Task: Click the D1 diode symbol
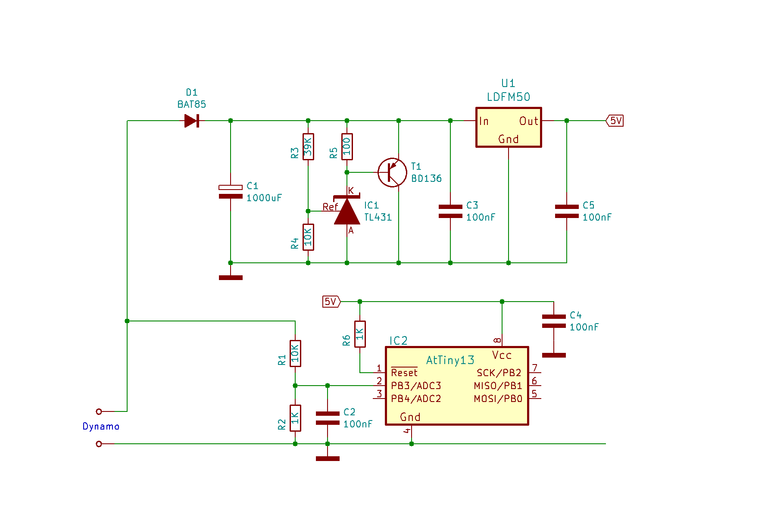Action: [x=191, y=121]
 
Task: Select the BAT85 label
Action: [x=192, y=104]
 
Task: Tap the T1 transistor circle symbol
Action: [x=392, y=172]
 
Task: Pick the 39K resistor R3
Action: [x=308, y=146]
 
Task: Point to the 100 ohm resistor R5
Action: [x=347, y=146]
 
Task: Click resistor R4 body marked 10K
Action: [x=308, y=237]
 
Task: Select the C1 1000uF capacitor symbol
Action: [x=231, y=192]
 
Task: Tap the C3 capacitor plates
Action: [x=450, y=211]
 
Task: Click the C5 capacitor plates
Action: [x=567, y=211]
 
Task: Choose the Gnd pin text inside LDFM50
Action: [x=509, y=139]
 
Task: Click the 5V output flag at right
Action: [x=615, y=121]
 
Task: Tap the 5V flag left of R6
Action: [x=331, y=302]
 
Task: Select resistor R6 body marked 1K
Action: [x=360, y=334]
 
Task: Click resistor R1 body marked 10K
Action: [x=295, y=353]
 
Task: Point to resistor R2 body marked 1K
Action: [x=295, y=418]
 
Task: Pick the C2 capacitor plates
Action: [x=328, y=418]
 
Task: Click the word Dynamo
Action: [x=101, y=427]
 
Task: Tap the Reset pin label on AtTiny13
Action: [x=404, y=373]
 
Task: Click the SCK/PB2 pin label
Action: [x=499, y=373]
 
